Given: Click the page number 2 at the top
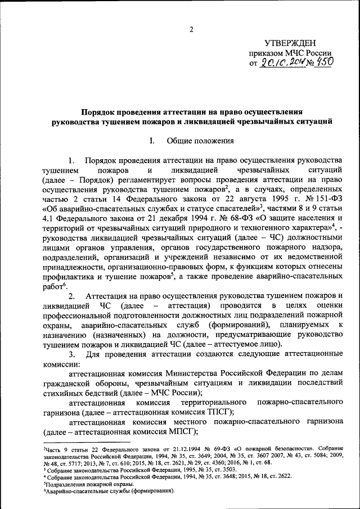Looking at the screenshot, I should (x=191, y=29).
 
